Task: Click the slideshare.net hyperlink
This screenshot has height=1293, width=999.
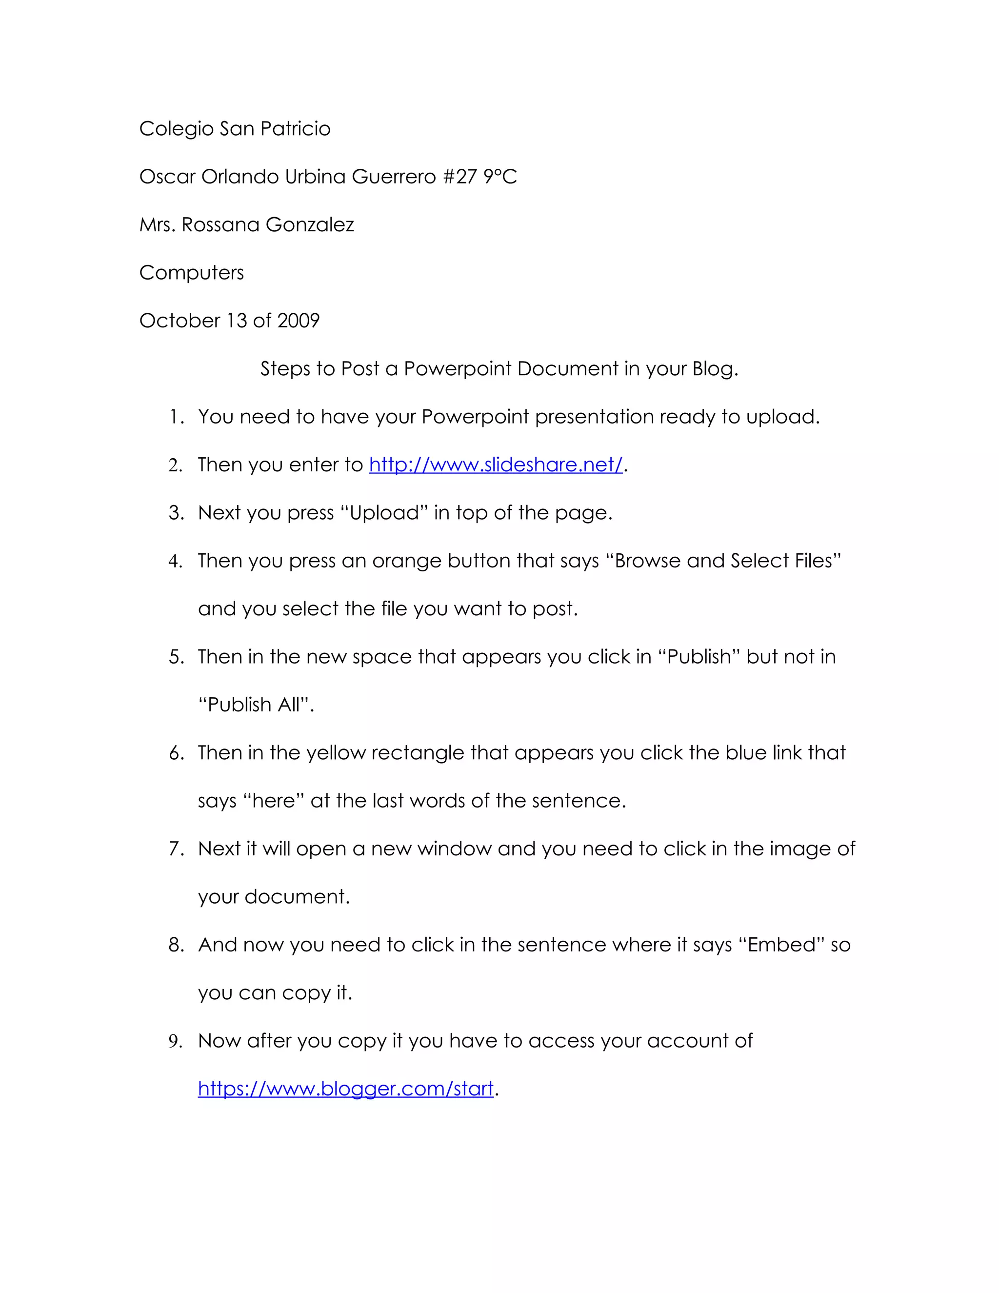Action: (x=496, y=465)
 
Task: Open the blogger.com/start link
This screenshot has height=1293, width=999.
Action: (x=346, y=1089)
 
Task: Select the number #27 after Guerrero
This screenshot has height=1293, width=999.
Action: (x=460, y=177)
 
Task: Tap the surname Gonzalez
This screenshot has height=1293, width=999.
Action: (x=310, y=225)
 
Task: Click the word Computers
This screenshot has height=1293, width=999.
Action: (x=191, y=273)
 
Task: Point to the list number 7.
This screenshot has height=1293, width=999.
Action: (x=176, y=849)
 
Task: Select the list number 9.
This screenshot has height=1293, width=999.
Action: (x=176, y=1041)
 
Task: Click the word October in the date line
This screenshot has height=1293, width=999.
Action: (x=180, y=321)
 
